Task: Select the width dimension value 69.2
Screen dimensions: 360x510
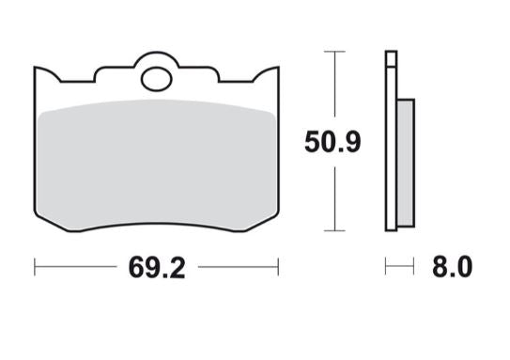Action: click(156, 268)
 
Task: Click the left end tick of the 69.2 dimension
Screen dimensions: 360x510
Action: click(35, 268)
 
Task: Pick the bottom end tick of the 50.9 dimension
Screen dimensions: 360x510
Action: click(331, 230)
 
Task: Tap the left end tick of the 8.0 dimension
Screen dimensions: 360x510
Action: click(386, 268)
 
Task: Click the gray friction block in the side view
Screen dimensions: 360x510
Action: click(405, 161)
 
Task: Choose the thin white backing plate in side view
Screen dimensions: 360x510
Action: click(390, 141)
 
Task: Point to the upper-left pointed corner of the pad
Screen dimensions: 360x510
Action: click(36, 68)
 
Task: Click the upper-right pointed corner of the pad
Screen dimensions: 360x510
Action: click(278, 67)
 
